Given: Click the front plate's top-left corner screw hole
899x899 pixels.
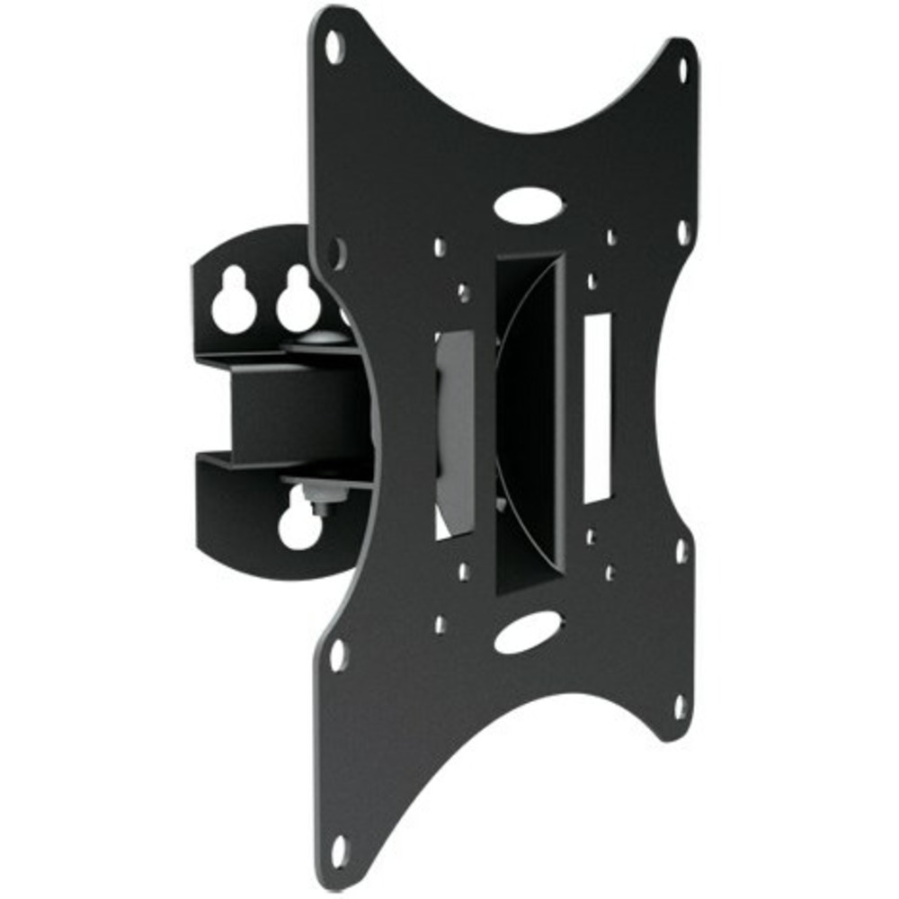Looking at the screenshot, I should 334,46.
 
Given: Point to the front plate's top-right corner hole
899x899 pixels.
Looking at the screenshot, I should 681,68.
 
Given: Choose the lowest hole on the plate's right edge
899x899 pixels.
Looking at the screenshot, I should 681,707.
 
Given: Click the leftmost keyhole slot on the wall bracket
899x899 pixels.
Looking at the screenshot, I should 233,301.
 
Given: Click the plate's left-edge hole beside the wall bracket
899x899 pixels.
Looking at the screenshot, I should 335,251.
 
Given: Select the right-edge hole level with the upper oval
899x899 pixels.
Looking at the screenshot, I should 682,231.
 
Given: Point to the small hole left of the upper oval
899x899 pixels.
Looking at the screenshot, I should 440,245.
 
